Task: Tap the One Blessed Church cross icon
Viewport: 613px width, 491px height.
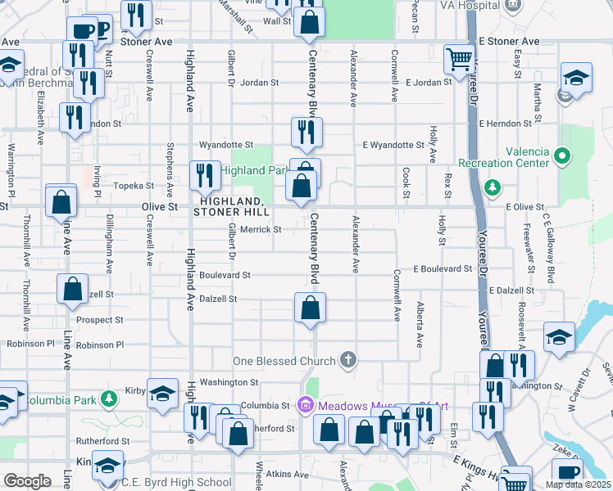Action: (348, 360)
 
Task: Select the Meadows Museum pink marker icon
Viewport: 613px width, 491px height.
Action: (306, 403)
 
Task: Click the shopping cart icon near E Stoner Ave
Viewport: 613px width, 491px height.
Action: (459, 58)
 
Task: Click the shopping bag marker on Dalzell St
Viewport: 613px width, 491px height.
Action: (311, 309)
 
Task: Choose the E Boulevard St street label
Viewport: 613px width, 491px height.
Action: (443, 268)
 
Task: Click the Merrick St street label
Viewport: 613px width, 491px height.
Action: (261, 230)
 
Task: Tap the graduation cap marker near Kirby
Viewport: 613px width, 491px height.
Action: (162, 392)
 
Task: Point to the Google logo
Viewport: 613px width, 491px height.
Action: (27, 482)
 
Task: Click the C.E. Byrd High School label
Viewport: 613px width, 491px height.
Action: (176, 482)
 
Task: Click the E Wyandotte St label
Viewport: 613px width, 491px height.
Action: (393, 145)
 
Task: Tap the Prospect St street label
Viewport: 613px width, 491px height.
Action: (101, 320)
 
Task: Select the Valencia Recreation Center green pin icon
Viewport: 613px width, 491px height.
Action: (561, 155)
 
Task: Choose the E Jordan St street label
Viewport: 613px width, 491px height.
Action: (429, 82)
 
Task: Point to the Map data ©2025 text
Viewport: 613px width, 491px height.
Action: (577, 484)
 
